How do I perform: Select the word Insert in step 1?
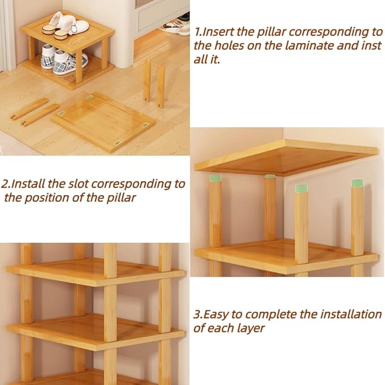click(218, 32)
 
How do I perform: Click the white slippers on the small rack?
click(65, 25)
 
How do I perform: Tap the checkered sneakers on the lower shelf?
click(64, 59)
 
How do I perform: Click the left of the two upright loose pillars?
click(147, 81)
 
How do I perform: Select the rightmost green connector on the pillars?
click(357, 183)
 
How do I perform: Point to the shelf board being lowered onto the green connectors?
click(286, 158)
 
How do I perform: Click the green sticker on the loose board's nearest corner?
click(118, 142)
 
